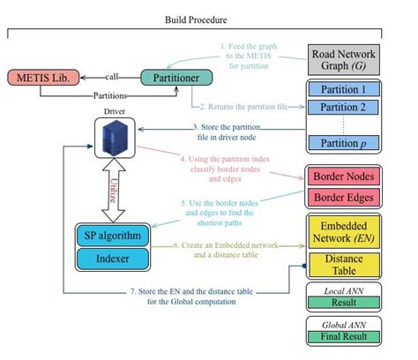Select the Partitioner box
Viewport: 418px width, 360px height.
tap(175, 77)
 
